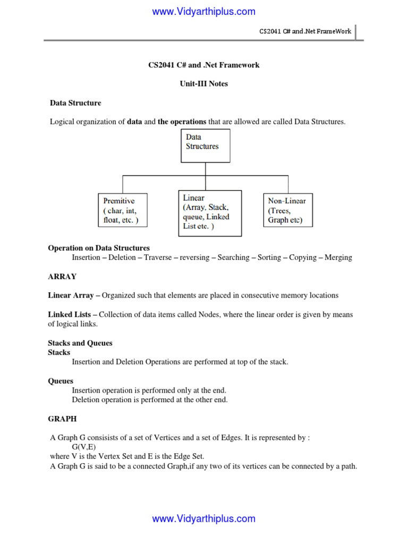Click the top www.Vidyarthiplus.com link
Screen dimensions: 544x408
pos(203,11)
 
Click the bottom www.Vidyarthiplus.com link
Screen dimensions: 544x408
pos(203,519)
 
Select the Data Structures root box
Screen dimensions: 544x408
pos(206,146)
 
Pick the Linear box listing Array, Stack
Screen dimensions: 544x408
pos(209,212)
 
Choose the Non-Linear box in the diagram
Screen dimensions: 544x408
pos(287,210)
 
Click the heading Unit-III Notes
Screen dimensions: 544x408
pos(204,84)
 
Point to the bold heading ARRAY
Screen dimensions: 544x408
pos(62,277)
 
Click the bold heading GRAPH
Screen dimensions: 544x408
pos(62,419)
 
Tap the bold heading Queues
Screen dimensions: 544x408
pos(61,381)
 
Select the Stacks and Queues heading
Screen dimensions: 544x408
pos(80,343)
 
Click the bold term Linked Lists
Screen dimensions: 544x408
pos(70,314)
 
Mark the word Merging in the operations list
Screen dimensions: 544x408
pos(335,258)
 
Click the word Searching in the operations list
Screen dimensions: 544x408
pos(233,258)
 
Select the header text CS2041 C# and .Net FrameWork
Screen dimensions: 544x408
pos(305,31)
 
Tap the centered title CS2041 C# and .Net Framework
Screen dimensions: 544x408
pos(204,65)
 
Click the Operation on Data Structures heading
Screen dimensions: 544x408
pos(99,248)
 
